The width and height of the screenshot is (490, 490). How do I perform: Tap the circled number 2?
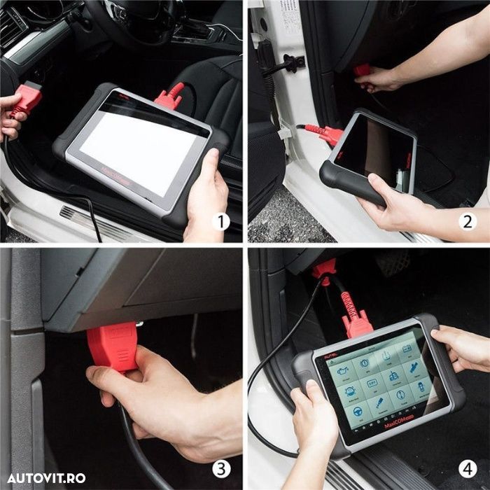[x=468, y=223]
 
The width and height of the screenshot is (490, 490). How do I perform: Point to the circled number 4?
[x=468, y=468]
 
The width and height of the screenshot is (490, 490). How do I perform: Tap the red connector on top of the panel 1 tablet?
[x=170, y=97]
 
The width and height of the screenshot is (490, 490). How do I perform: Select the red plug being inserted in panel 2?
[x=362, y=71]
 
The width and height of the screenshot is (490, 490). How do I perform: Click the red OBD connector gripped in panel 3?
[x=112, y=347]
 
